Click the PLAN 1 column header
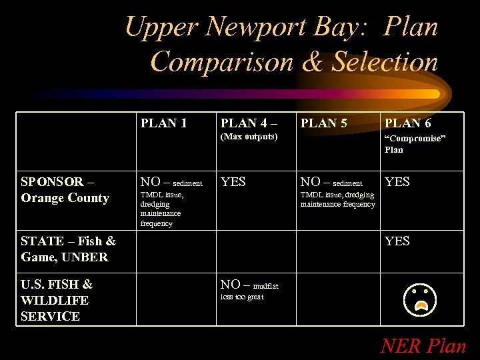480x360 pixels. click(163, 123)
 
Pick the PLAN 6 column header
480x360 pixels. click(407, 123)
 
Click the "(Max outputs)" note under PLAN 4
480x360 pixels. click(249, 137)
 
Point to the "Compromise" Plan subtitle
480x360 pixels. click(414, 143)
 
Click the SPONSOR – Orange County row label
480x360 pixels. click(65, 189)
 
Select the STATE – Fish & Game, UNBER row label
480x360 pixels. click(68, 249)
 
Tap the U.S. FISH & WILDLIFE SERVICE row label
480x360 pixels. click(57, 300)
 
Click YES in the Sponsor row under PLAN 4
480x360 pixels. click(233, 181)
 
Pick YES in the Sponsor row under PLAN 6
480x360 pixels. click(397, 181)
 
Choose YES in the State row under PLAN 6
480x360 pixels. click(397, 241)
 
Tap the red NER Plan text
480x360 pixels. click(423, 346)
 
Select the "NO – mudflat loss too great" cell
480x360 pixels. click(249, 290)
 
